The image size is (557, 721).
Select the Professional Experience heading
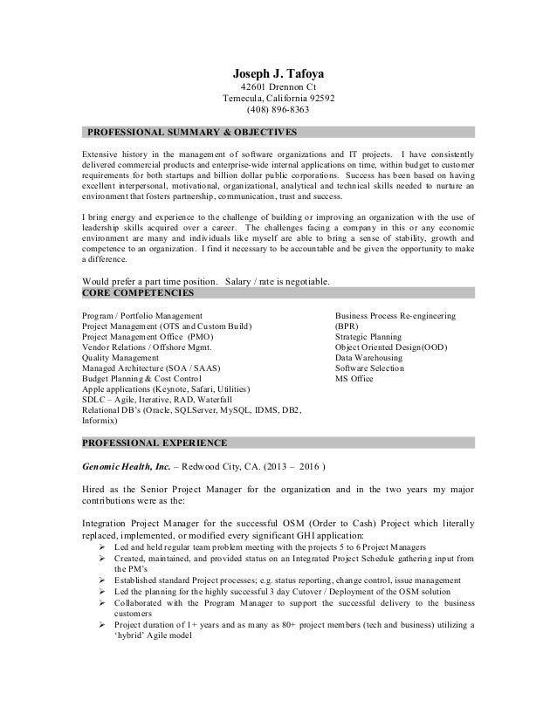(x=155, y=442)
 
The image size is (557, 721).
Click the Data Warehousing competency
(x=368, y=357)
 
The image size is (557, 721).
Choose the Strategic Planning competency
(x=369, y=335)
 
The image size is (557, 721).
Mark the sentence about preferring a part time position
(x=206, y=281)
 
